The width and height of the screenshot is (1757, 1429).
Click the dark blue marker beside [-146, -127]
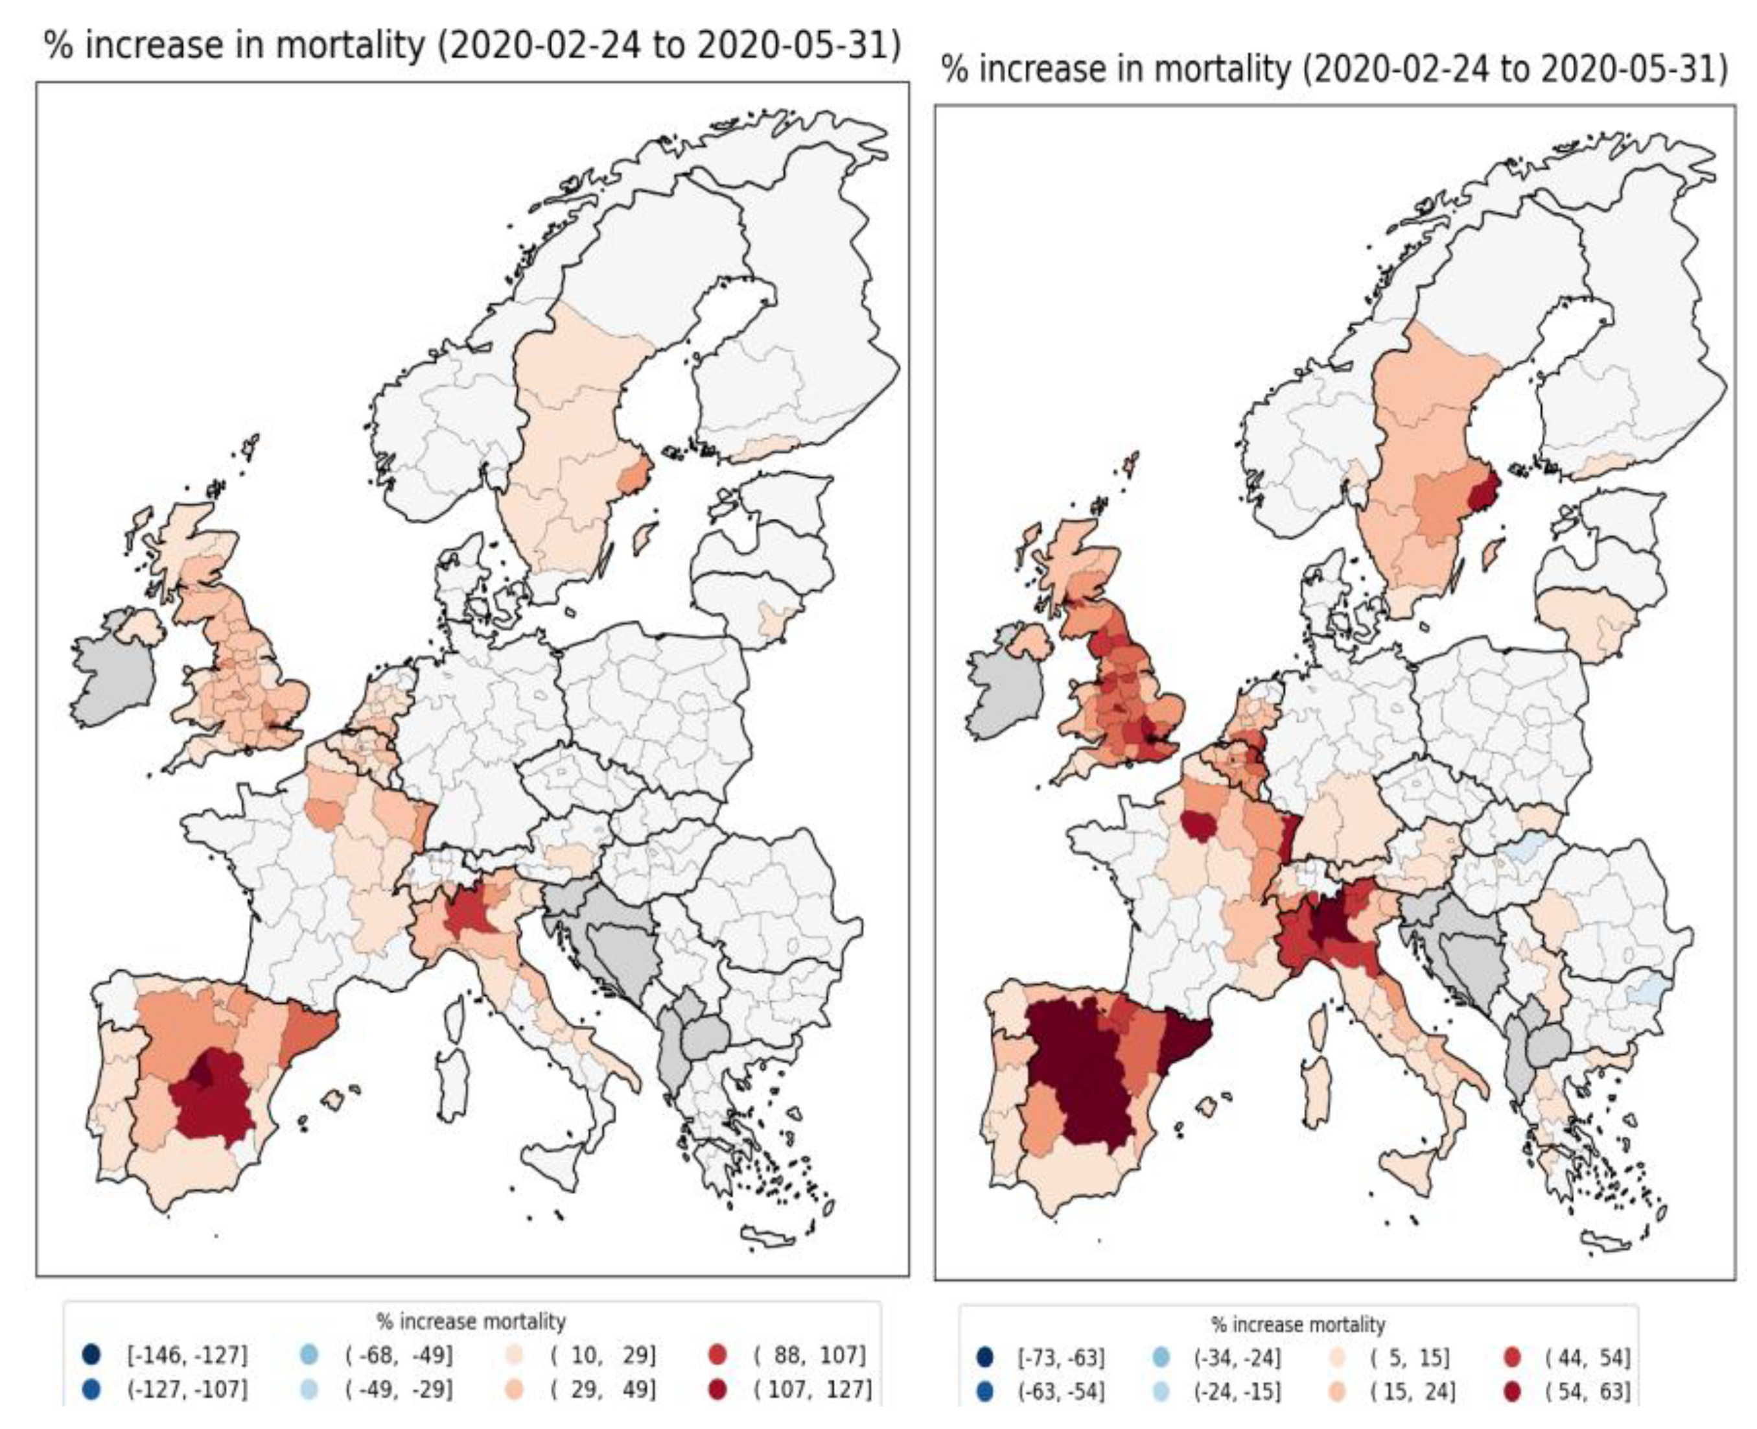pos(91,1354)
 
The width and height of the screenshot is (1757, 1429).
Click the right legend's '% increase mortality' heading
pos(1297,1325)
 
